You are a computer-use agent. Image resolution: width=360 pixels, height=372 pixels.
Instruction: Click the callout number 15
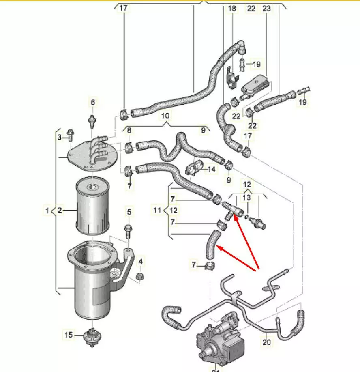click(x=69, y=335)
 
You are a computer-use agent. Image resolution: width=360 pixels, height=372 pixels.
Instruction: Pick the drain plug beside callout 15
click(x=92, y=337)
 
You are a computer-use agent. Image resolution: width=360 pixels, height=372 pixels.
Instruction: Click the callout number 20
click(x=266, y=342)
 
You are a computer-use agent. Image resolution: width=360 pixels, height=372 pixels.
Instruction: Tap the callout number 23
click(x=266, y=9)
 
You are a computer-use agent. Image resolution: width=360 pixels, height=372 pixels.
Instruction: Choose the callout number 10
click(x=165, y=116)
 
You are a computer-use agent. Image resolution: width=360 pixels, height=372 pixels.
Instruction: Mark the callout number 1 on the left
click(x=47, y=210)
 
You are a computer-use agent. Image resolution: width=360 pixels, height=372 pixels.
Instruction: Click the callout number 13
click(x=247, y=197)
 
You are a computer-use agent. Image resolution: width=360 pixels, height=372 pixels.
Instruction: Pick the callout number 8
click(x=129, y=130)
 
